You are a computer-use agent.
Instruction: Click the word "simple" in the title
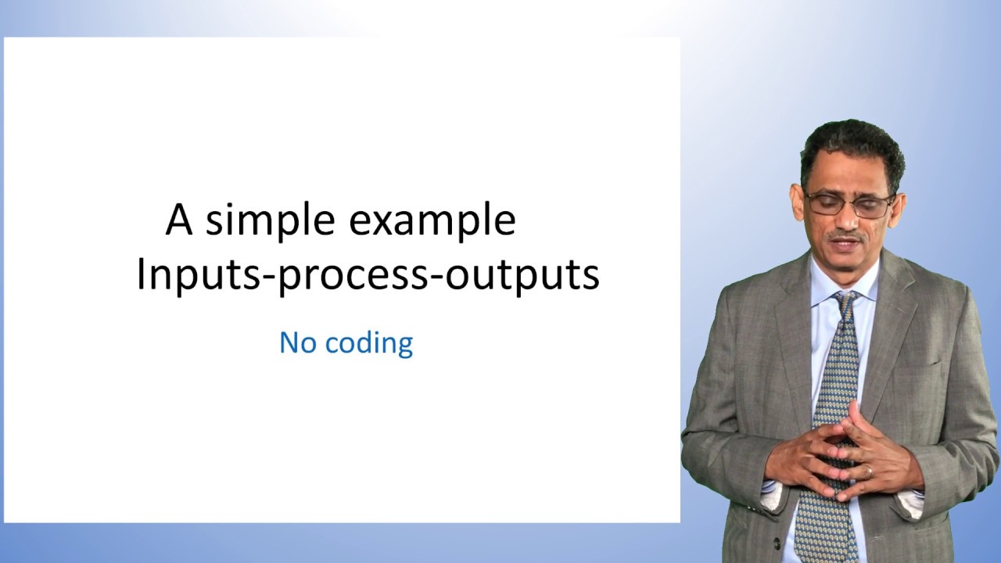[x=273, y=221]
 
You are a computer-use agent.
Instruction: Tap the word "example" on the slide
[x=432, y=221]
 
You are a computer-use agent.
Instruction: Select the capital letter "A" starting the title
[x=179, y=221]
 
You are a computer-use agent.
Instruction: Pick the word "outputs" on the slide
[x=522, y=274]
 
